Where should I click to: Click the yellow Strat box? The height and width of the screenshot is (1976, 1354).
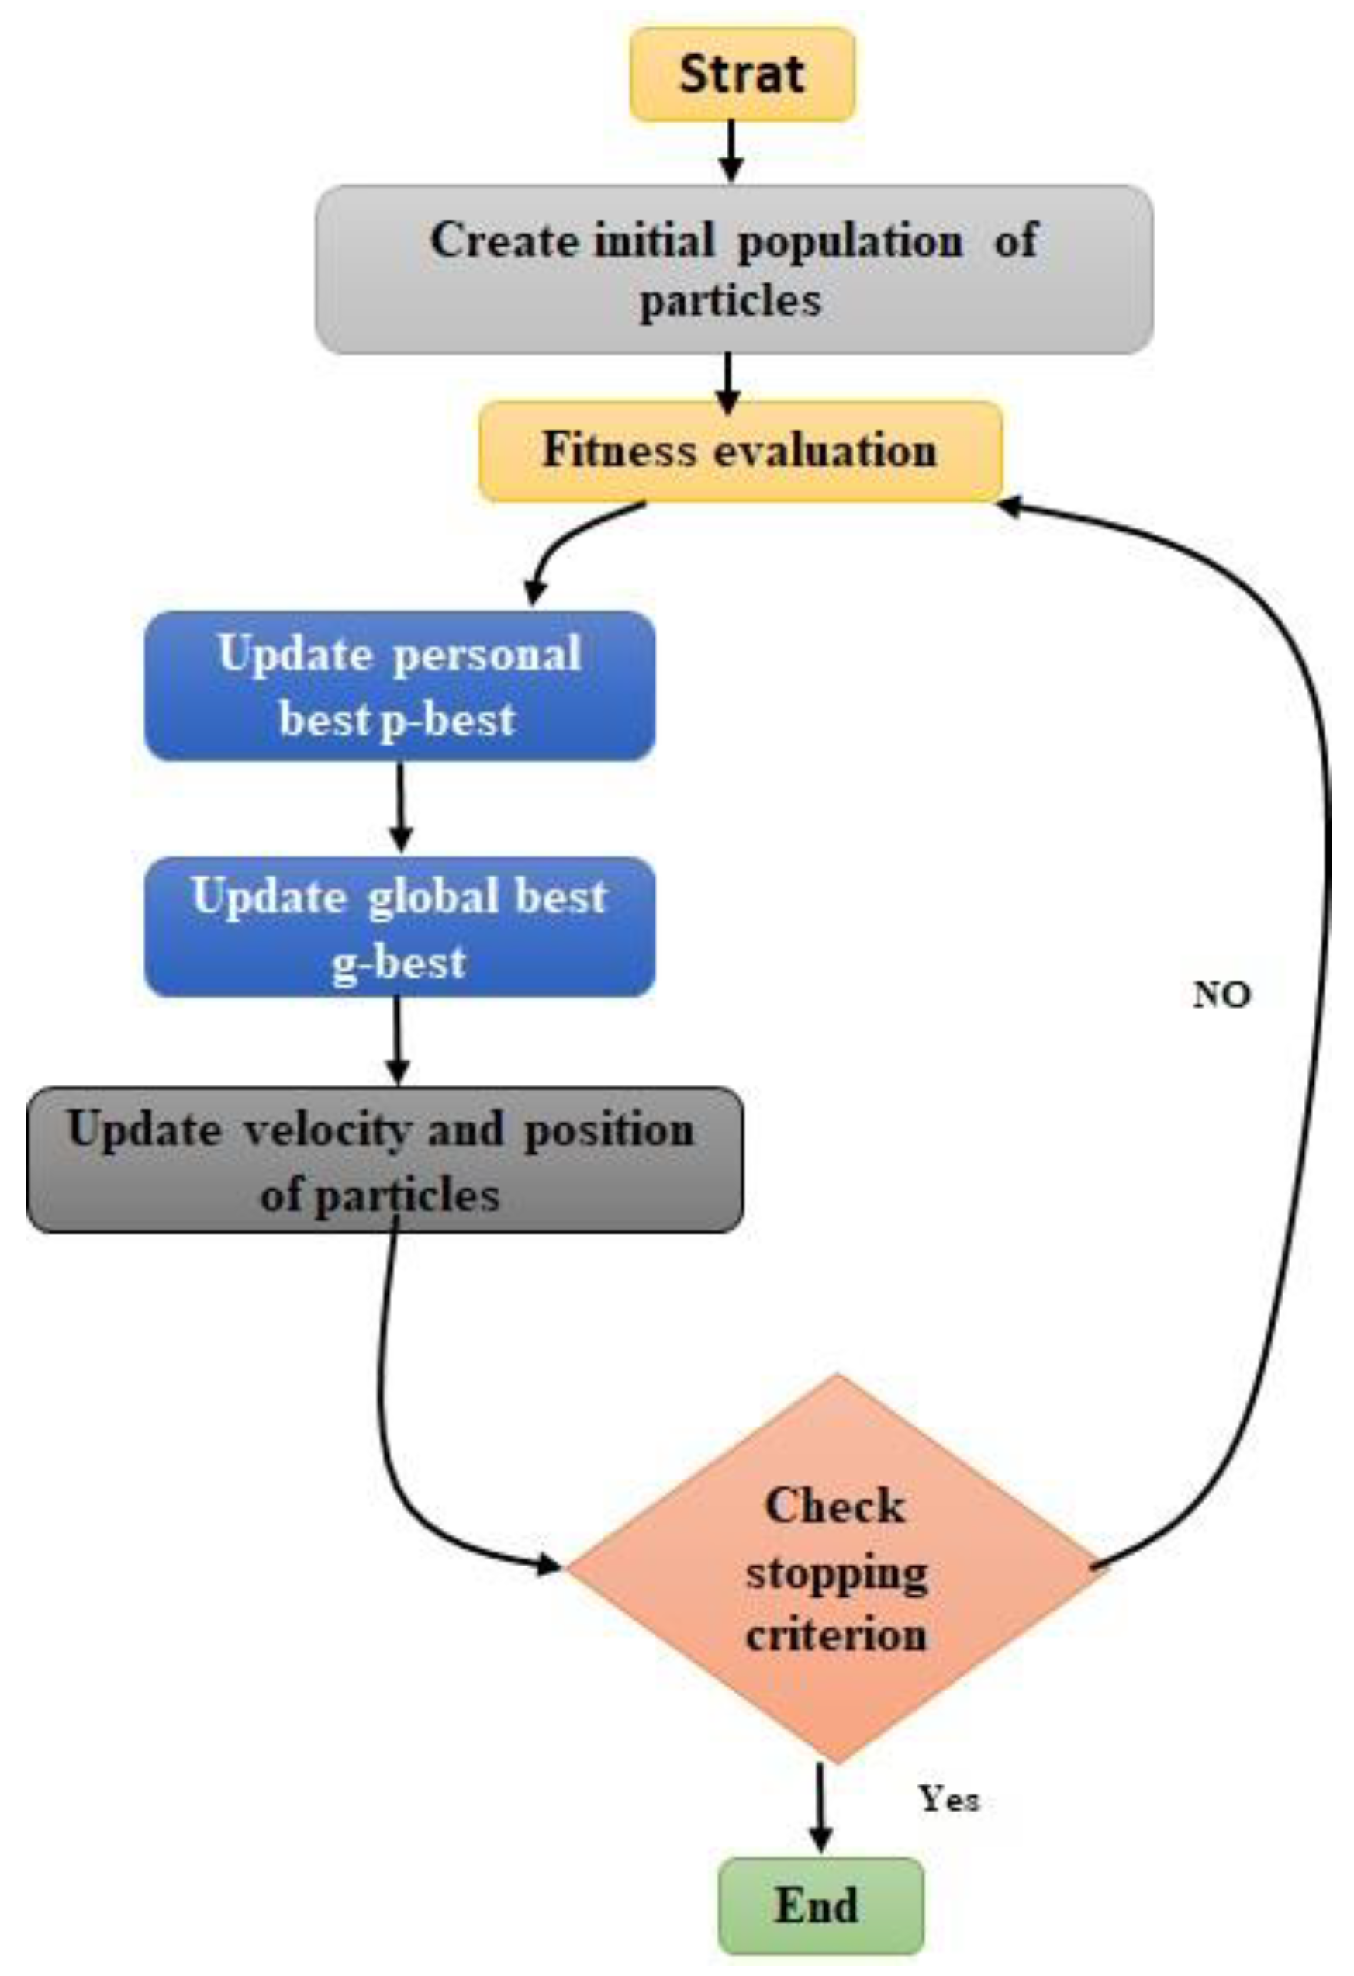pos(741,74)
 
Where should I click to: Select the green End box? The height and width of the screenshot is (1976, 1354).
pos(820,1905)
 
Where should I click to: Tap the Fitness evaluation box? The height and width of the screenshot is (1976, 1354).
pos(740,451)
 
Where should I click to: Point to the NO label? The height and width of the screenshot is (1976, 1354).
pos(1221,994)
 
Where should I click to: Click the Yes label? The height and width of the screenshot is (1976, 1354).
pos(948,1798)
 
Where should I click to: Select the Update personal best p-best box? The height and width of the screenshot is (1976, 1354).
pos(399,686)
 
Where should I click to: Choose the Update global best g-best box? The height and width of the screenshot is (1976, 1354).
pos(399,928)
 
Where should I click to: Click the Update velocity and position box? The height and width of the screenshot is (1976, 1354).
pos(384,1160)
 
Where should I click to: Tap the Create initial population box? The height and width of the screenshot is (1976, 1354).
pos(734,269)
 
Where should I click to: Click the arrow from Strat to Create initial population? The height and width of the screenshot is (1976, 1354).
pos(731,151)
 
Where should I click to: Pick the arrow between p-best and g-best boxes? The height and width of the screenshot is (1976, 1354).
pos(400,808)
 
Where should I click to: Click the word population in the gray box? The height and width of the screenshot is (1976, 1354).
pos(850,241)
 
